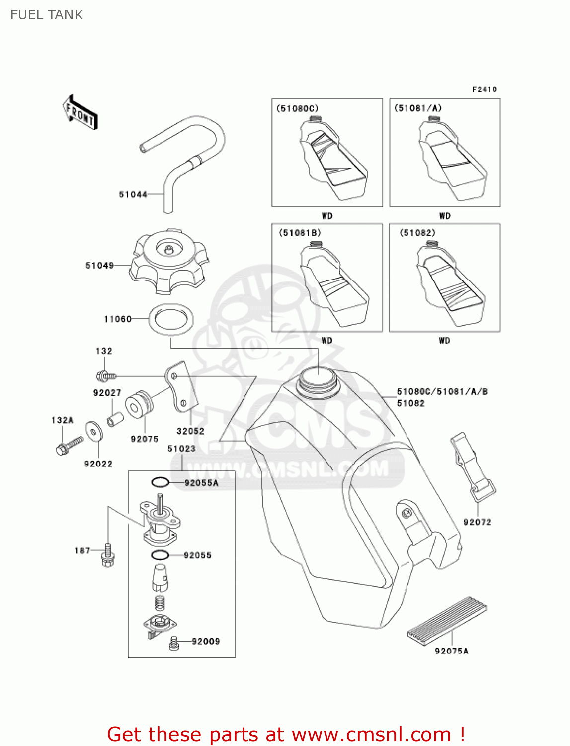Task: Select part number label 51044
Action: click(x=133, y=195)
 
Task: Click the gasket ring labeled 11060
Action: click(x=171, y=319)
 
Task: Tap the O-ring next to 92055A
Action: click(x=160, y=482)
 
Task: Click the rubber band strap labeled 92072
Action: click(x=472, y=466)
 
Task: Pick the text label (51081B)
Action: click(x=300, y=233)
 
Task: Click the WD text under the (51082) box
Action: click(x=444, y=341)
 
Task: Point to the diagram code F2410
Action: click(x=484, y=89)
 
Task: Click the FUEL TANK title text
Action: click(x=47, y=15)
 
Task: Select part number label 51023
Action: click(x=181, y=449)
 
